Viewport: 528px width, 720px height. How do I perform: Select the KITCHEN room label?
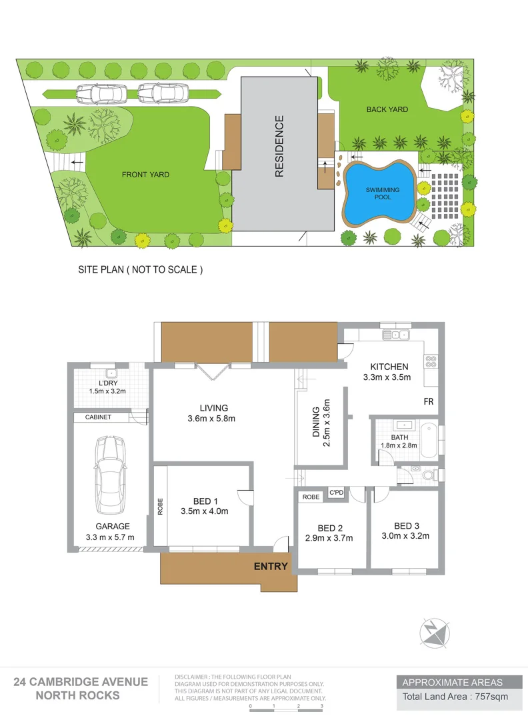[389, 367]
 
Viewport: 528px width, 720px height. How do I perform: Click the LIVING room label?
[213, 408]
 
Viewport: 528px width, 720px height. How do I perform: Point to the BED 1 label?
[205, 501]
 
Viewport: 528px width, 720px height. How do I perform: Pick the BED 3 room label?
[407, 525]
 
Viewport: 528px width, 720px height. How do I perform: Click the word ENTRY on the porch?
[271, 567]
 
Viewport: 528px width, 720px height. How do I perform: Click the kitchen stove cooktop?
[431, 361]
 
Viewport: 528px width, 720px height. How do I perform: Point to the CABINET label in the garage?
[98, 417]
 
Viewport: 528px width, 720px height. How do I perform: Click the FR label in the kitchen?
[429, 402]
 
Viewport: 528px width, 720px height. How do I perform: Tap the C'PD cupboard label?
[336, 493]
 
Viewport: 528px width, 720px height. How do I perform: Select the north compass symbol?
[434, 632]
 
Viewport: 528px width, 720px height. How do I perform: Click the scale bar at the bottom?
[286, 709]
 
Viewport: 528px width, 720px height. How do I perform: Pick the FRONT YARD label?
[145, 175]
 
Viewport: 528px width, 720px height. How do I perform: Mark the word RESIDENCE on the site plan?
[279, 146]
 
